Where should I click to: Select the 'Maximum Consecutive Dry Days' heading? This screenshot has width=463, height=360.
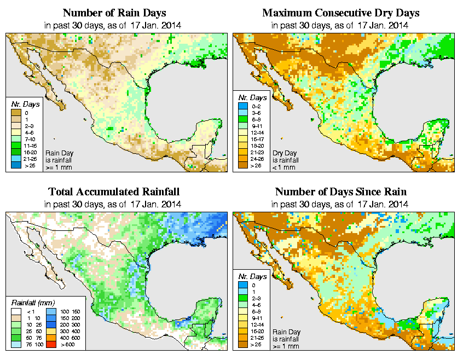[x=341, y=12]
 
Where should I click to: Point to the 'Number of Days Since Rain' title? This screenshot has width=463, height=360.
[x=340, y=192]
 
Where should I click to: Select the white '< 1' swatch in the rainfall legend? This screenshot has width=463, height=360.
[x=16, y=311]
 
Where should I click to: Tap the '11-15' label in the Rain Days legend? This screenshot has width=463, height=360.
[x=30, y=146]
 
